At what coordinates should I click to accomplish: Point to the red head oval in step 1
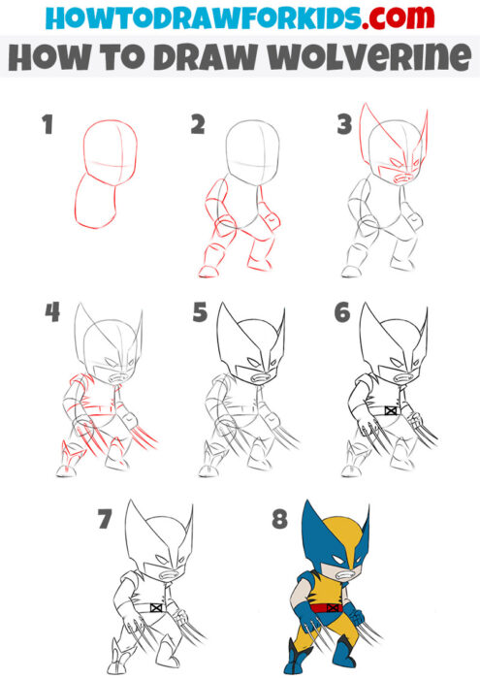[109, 150]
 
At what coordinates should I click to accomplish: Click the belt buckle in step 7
[156, 608]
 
